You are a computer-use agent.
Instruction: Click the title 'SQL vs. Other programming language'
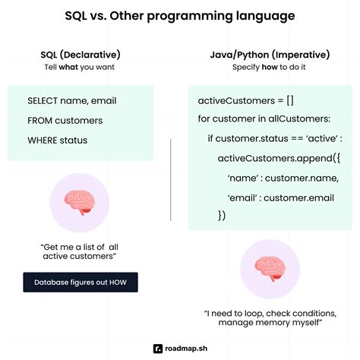point(180,16)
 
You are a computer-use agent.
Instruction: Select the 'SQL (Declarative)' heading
point(81,54)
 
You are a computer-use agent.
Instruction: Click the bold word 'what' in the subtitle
point(73,67)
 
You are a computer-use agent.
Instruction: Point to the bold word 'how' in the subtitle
point(267,67)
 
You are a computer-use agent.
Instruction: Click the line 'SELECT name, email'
point(72,101)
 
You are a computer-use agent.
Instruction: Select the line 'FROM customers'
point(65,120)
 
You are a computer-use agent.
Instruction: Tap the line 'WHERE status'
point(57,140)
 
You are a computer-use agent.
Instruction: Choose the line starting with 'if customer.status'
point(275,138)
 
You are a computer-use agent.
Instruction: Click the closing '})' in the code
point(223,216)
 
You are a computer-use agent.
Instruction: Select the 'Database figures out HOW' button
point(80,283)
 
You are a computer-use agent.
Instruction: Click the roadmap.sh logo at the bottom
point(180,348)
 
